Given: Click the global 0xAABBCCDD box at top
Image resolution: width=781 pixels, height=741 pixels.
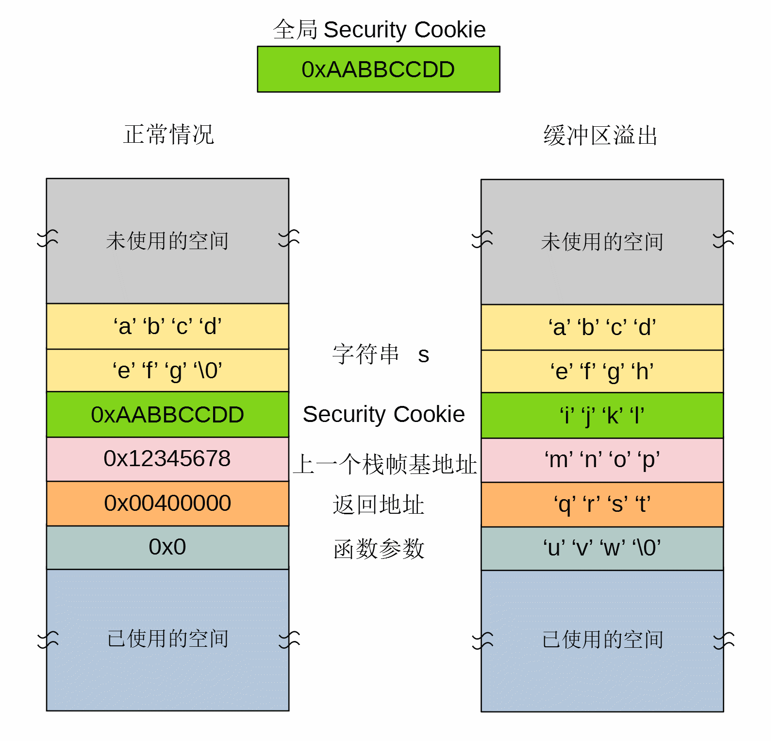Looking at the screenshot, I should coord(378,69).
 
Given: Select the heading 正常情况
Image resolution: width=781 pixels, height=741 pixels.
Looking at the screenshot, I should coord(168,135).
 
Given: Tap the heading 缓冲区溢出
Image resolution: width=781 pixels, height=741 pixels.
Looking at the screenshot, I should coord(600,135).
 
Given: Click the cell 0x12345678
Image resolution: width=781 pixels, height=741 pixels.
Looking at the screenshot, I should coord(167,459).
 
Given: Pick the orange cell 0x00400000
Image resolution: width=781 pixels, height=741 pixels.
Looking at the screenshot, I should coord(167,503).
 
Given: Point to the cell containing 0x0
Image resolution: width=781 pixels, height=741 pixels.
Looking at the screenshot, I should coord(167,547).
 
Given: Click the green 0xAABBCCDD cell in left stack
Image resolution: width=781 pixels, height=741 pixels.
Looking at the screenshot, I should coord(167,415).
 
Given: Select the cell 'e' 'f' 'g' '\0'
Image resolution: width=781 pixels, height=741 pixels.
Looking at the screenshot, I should coord(167,370).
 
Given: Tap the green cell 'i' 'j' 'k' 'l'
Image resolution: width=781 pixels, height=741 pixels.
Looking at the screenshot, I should coord(602,416).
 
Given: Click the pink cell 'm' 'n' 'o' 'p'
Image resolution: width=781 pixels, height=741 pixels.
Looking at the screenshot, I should coord(602,460).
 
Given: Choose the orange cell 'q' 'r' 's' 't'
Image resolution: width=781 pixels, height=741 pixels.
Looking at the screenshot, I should coord(602,504).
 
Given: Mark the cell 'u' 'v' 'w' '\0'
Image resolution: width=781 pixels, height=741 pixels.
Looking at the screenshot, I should coord(602,548).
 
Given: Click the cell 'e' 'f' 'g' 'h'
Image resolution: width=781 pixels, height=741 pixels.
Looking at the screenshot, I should coord(602,371).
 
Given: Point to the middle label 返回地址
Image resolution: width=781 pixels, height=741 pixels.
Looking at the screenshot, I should coord(379,505).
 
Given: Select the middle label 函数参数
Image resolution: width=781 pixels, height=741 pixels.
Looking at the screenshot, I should coord(379,549).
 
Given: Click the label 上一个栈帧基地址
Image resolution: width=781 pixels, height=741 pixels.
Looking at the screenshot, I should coord(385,464).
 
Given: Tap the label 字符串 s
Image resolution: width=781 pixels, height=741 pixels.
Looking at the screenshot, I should coord(381,354).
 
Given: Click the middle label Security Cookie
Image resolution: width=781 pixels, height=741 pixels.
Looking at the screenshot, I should coord(383,414).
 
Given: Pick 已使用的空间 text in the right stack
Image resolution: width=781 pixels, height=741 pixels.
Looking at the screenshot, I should coord(602,640).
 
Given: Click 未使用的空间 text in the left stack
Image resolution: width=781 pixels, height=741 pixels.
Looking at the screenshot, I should coord(167,241).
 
